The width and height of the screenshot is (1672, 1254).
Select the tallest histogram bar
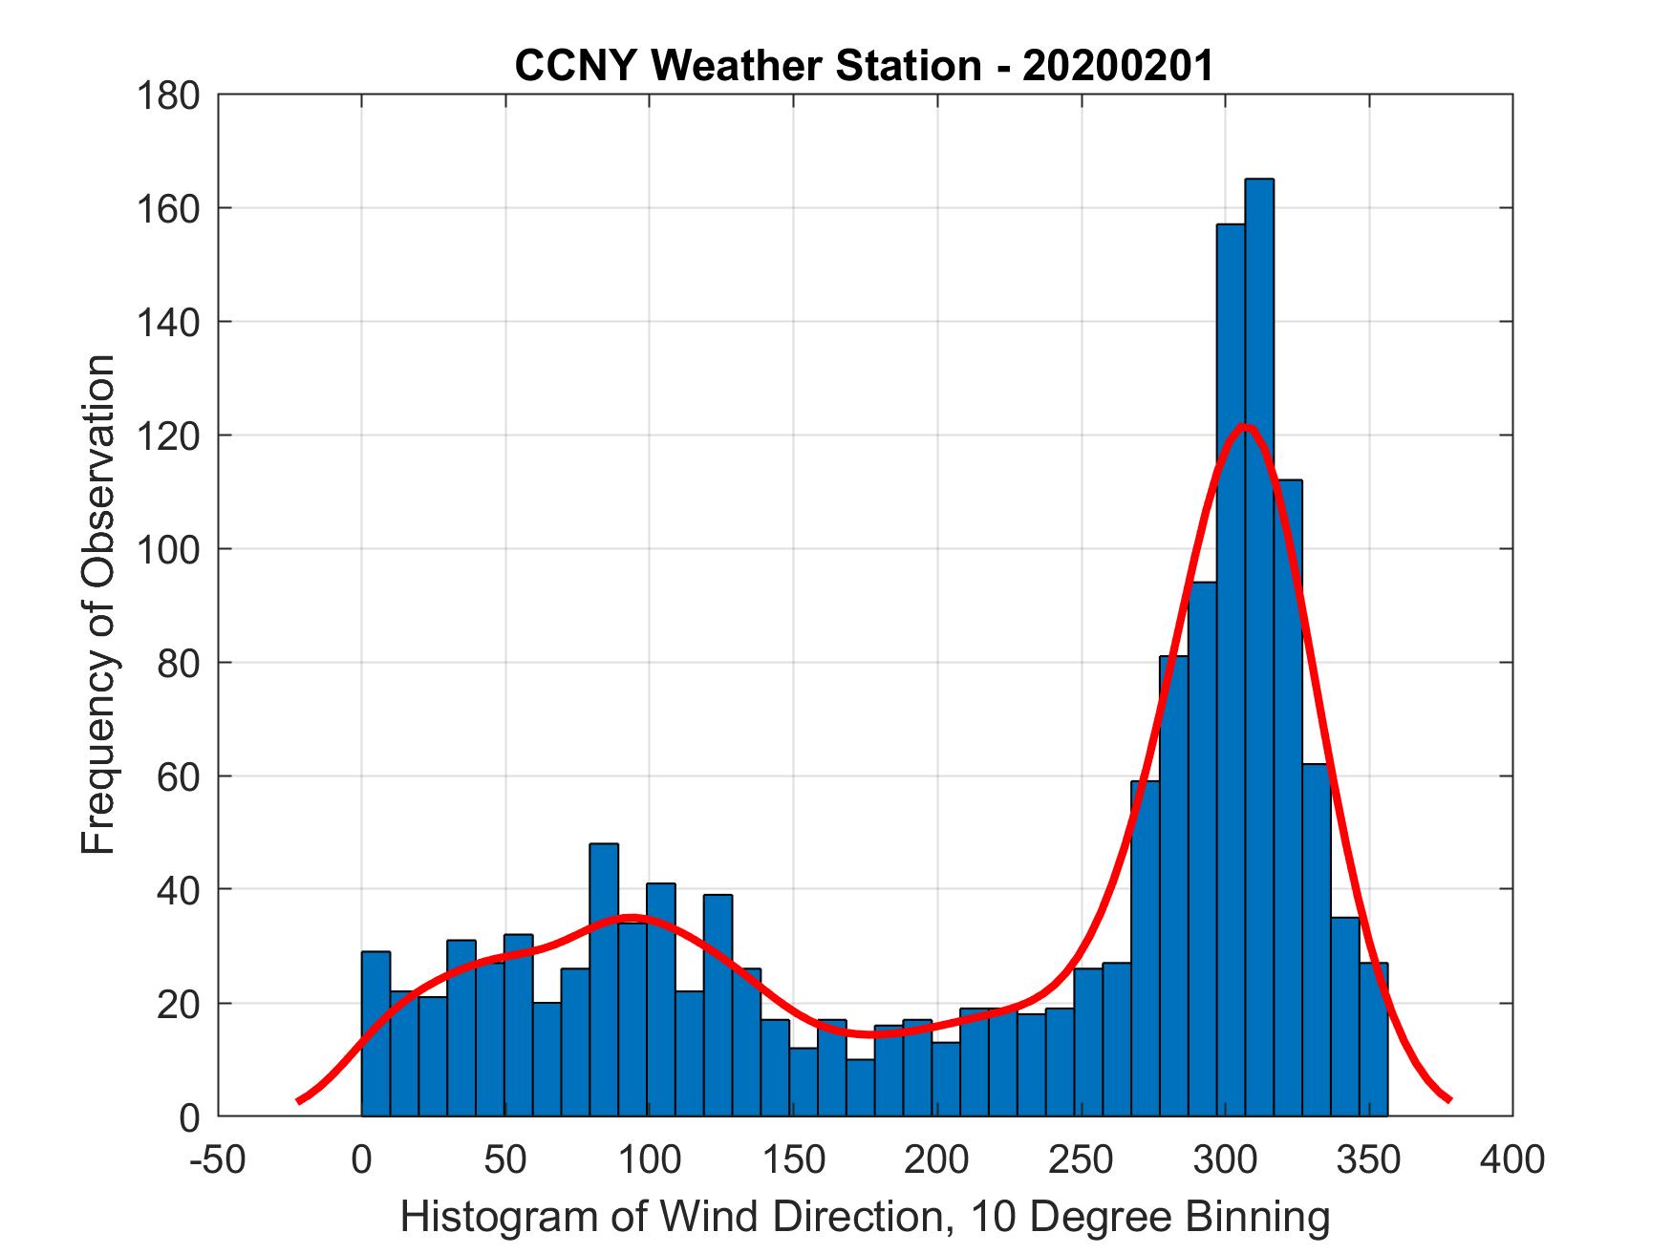(x=1258, y=649)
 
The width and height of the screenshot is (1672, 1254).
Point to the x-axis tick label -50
(x=219, y=1159)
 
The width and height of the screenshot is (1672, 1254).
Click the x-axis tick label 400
(x=1511, y=1159)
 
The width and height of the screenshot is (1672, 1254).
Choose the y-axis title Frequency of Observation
(x=98, y=606)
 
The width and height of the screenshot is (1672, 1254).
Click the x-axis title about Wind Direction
(x=864, y=1217)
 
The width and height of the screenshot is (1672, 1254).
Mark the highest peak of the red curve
(x=1243, y=426)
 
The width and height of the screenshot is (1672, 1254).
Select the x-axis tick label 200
(x=937, y=1159)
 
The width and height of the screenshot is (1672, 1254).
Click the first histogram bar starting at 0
(x=375, y=1033)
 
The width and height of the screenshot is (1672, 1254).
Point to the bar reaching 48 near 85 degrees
(x=604, y=979)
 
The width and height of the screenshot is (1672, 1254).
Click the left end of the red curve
(x=299, y=1100)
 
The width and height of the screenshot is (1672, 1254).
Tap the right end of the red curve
(x=1449, y=1099)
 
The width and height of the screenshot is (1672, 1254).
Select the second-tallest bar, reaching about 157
(x=1230, y=669)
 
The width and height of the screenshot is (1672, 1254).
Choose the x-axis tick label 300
(x=1225, y=1159)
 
